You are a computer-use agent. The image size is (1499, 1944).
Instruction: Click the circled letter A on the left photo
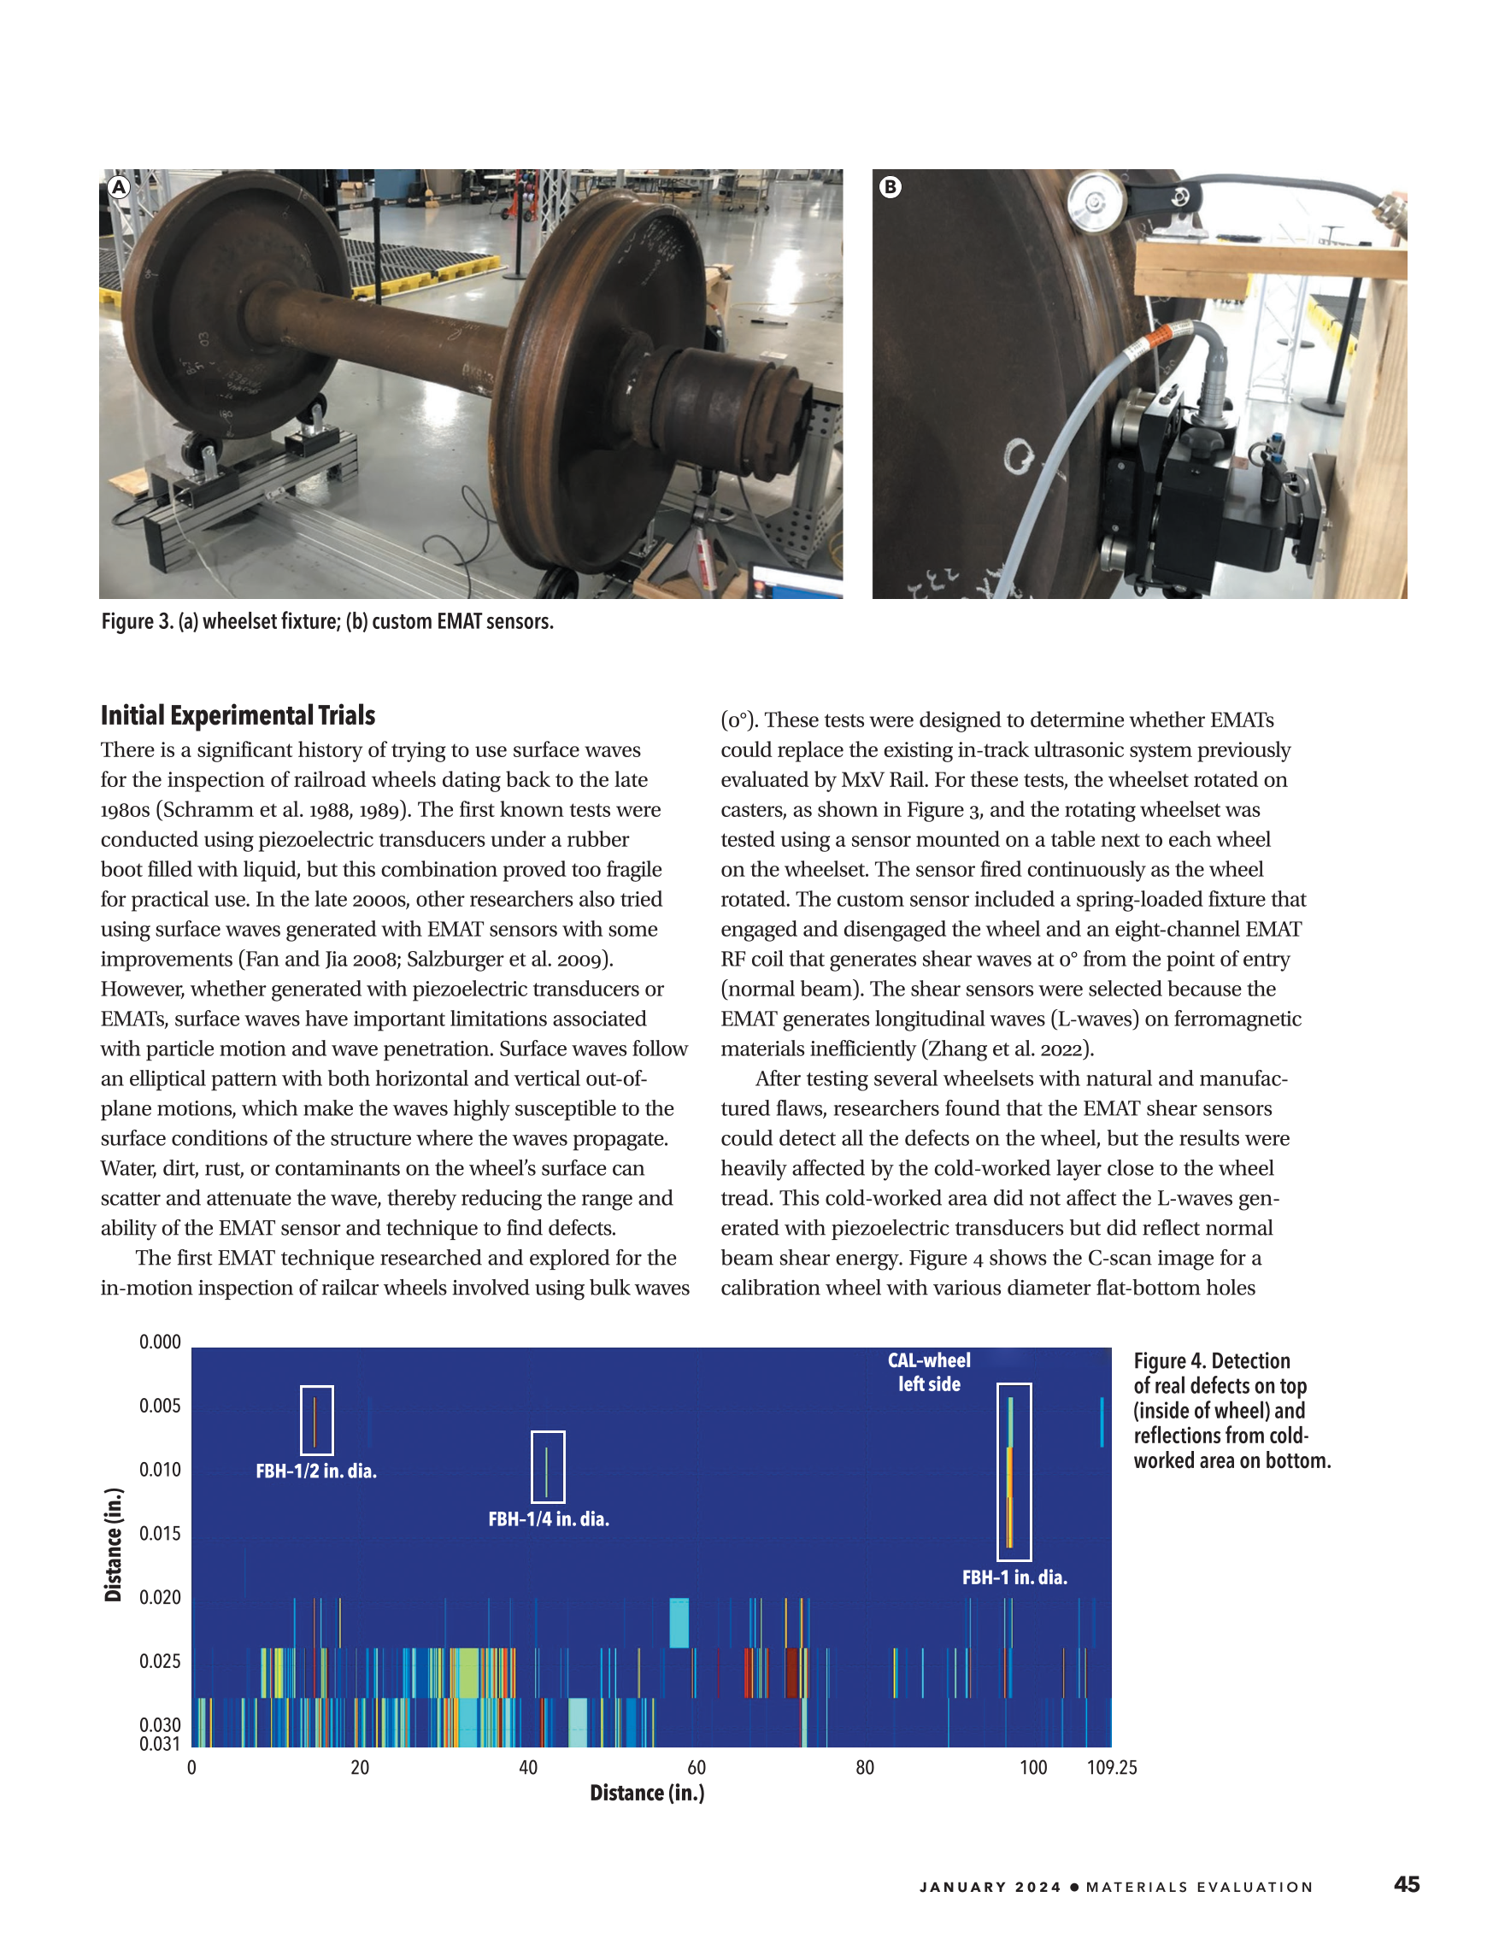coord(119,187)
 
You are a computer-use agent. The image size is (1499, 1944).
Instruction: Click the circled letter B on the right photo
coord(891,187)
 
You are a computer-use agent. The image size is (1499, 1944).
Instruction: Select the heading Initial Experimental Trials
coord(238,716)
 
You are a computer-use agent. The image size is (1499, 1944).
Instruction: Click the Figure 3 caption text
coord(326,621)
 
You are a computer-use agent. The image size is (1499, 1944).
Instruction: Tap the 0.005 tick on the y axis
coord(159,1406)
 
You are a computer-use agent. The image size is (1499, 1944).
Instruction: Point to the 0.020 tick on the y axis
coord(159,1597)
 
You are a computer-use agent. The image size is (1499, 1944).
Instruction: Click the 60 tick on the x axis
coord(697,1767)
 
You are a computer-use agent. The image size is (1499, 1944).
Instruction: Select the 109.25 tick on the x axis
coord(1112,1767)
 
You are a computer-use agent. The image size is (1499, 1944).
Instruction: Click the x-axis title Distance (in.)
coord(647,1793)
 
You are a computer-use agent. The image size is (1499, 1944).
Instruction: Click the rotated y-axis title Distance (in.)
coord(113,1544)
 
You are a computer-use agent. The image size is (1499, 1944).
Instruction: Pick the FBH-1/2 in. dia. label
coord(316,1471)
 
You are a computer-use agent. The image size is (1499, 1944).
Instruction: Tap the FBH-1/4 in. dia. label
coord(549,1519)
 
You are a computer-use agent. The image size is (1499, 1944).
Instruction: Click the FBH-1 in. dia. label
coord(1014,1577)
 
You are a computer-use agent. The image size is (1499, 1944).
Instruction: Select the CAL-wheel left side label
coord(928,1371)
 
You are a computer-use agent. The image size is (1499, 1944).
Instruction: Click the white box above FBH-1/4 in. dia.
coord(548,1466)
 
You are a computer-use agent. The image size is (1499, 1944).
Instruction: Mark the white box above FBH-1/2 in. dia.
coord(316,1419)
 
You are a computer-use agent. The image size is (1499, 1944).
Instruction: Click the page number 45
coord(1407,1883)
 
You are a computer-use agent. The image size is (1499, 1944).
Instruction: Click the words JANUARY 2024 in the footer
coord(990,1887)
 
